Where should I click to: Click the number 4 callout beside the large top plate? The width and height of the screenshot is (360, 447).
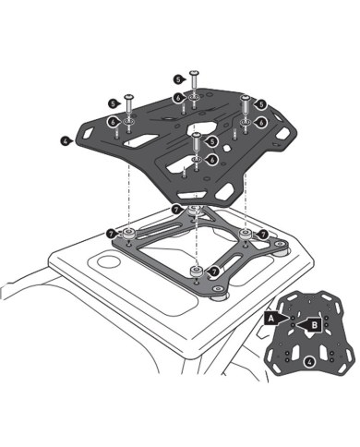tap(66, 140)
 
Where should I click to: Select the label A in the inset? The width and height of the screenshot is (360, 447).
tap(270, 317)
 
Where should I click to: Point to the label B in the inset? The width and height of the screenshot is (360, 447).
tap(315, 324)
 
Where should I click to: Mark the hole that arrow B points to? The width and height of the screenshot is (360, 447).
tap(302, 324)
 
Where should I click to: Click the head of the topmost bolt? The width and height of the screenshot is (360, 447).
tap(194, 71)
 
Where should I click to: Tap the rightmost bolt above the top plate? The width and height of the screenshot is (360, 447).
tap(246, 100)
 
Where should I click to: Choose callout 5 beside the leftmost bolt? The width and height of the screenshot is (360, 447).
tap(112, 103)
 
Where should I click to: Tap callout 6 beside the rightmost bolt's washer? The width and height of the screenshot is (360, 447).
tap(262, 121)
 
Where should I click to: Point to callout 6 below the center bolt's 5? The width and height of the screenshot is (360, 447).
tap(212, 158)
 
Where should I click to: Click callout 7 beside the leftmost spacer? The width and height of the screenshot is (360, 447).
tap(111, 235)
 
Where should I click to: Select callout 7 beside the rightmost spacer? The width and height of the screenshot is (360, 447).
tap(263, 236)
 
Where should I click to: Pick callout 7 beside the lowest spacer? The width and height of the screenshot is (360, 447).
tap(214, 272)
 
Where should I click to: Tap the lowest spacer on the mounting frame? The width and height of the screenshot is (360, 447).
tap(196, 270)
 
